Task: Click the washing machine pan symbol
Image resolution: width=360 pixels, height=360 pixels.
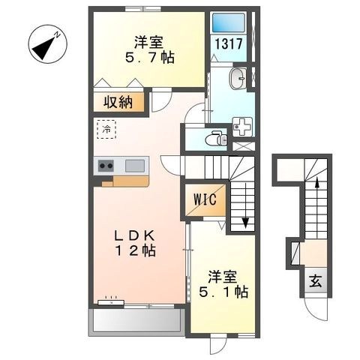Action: click(244, 125)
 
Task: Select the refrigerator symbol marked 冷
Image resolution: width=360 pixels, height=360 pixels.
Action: click(107, 129)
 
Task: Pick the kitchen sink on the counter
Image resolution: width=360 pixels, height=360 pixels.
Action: click(136, 165)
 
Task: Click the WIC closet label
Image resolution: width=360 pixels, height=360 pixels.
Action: click(205, 200)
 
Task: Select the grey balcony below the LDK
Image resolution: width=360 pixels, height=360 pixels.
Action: click(136, 322)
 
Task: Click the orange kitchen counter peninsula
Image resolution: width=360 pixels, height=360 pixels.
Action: click(125, 181)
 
